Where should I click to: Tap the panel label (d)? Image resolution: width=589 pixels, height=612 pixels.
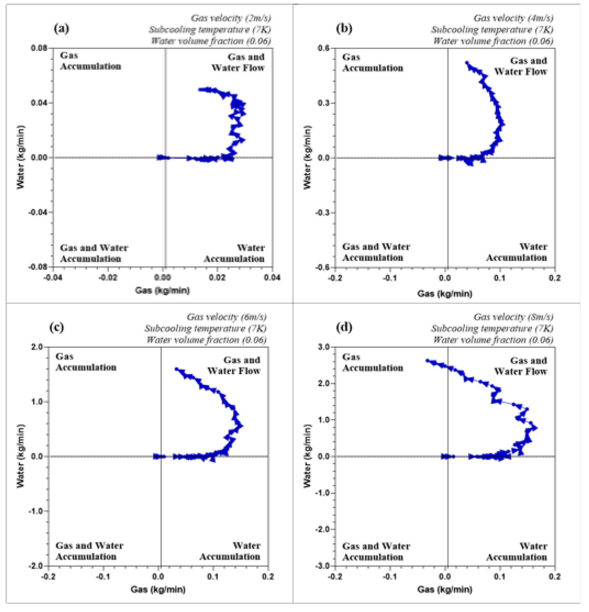[x=344, y=328]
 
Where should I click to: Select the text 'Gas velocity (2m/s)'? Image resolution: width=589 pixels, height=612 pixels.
[x=231, y=18]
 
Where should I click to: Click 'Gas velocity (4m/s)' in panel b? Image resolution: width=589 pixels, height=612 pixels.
[x=513, y=18]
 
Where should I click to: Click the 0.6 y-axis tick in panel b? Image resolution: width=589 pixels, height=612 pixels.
[x=325, y=48]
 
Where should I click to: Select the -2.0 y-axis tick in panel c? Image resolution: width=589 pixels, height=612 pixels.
[x=37, y=566]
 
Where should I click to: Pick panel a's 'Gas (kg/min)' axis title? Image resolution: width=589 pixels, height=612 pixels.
[x=162, y=290]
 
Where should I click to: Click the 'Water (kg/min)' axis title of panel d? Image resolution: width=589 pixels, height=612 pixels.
[x=308, y=456]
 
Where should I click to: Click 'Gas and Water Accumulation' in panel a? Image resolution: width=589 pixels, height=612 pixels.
[x=94, y=253]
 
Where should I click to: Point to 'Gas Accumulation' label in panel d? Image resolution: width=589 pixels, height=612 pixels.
[x=373, y=362]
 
